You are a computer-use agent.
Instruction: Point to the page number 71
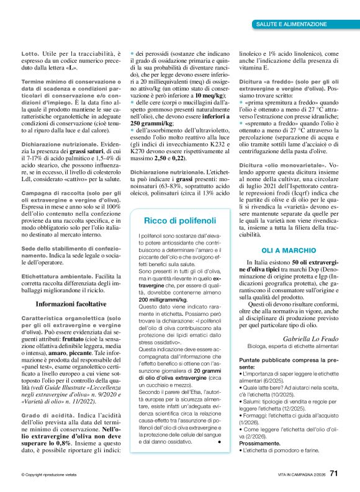coord(334,473)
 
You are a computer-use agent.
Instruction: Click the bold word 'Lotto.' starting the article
coord(30,55)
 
